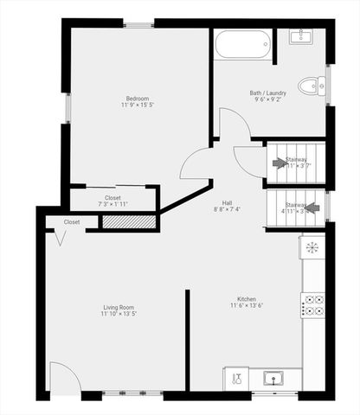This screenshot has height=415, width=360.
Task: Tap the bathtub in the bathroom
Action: [x=243, y=43]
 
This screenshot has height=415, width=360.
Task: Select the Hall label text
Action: [x=226, y=203]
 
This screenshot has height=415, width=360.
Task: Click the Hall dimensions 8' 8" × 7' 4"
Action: [x=226, y=210]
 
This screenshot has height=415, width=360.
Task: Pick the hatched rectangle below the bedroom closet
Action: [x=128, y=222]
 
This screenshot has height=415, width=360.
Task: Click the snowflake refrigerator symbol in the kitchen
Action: [x=312, y=247]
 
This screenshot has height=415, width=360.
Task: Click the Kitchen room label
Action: [x=247, y=299]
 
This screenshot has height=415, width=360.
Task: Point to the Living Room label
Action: [x=118, y=307]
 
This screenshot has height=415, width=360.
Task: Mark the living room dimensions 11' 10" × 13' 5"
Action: [x=118, y=314]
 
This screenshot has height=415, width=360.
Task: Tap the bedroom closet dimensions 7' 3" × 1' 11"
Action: [x=113, y=205]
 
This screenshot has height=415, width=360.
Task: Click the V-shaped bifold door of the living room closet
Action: [x=59, y=238]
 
